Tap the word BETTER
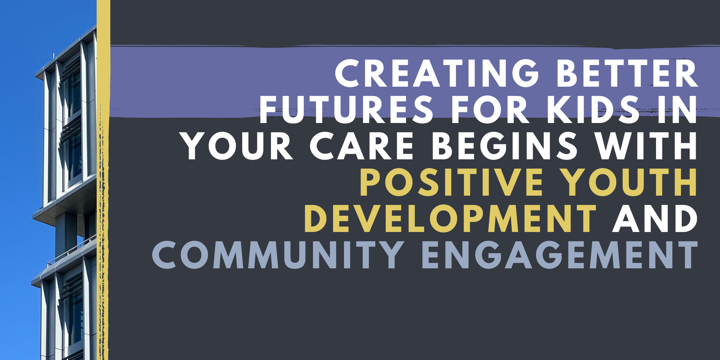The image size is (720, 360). coord(627,73)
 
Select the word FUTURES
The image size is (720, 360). coord(346,109)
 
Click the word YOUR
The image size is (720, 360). coord(238,146)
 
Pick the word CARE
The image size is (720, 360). coord(362,146)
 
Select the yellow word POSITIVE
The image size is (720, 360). coord(451,182)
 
